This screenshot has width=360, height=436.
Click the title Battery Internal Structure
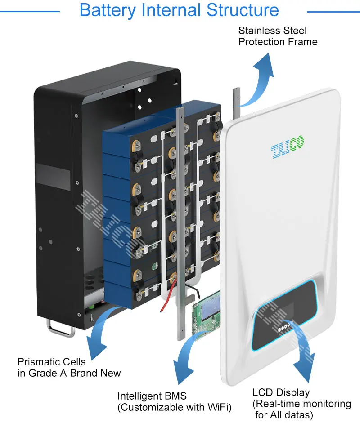point(179,10)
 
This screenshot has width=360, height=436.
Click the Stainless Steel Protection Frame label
point(278,36)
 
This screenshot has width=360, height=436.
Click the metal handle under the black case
point(60,327)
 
